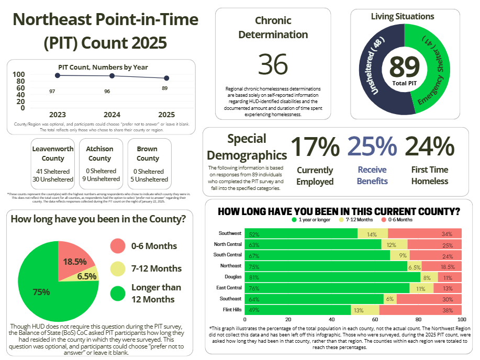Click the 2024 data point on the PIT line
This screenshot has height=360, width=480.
(x=112, y=76)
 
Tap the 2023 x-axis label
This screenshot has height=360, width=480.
(x=57, y=114)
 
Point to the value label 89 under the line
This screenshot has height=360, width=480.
(x=164, y=88)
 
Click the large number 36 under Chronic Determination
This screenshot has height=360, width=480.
(x=273, y=64)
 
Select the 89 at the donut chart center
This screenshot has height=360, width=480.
(x=405, y=66)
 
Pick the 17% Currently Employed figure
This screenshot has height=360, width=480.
(x=315, y=147)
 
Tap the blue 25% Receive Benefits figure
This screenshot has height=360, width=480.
(x=372, y=147)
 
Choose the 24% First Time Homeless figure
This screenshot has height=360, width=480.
(x=429, y=147)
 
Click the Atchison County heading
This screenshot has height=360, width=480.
(x=99, y=153)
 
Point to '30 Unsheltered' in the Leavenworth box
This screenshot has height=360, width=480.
(x=53, y=179)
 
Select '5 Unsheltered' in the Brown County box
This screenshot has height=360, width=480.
(x=148, y=179)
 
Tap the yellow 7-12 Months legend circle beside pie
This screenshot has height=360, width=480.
(x=118, y=268)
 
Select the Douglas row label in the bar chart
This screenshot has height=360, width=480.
(x=232, y=276)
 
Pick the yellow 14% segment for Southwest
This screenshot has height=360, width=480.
(x=372, y=234)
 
